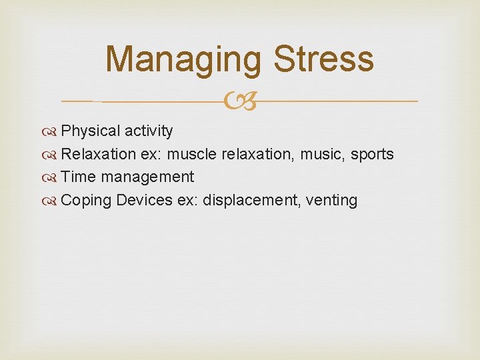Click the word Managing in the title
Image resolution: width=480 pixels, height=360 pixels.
pos(182,59)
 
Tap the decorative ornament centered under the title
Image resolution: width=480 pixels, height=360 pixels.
pos(241,101)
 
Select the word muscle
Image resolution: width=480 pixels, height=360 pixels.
pos(191,155)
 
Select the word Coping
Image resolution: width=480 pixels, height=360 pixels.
pos(86,201)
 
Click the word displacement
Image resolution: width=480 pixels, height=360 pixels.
pos(248,201)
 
